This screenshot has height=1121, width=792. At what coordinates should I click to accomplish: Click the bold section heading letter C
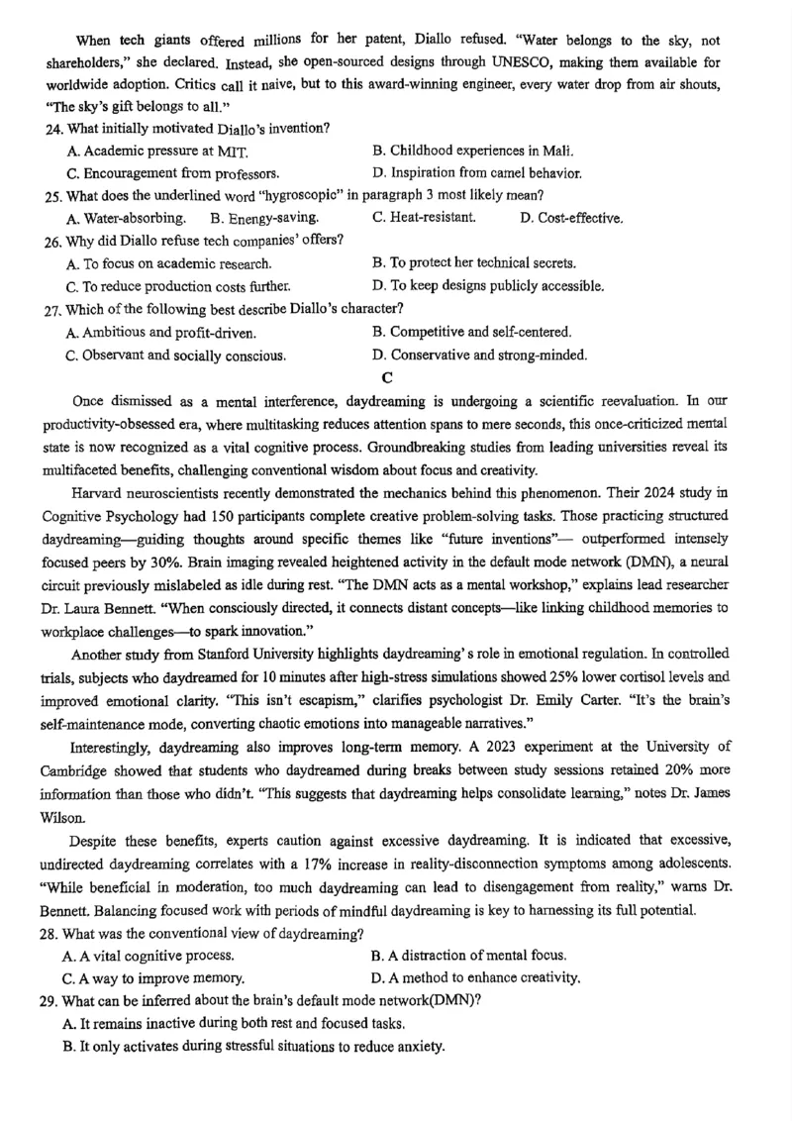(x=387, y=375)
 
